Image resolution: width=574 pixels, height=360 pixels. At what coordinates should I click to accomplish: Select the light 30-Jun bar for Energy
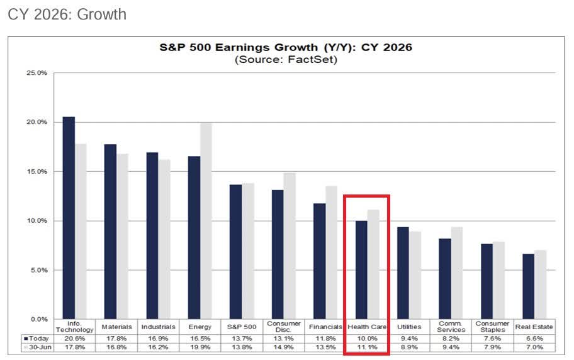coord(206,221)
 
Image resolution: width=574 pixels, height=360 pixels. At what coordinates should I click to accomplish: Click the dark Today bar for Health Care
coord(361,270)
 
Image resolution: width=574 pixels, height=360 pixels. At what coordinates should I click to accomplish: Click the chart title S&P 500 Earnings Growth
coord(286,48)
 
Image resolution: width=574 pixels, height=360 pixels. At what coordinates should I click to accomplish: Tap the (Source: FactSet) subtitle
coord(286,60)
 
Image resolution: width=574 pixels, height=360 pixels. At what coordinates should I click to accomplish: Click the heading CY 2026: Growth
coord(67,14)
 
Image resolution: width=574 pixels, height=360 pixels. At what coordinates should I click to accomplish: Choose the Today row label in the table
coord(35,338)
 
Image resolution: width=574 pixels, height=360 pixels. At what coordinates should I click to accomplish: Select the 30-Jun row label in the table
coord(35,347)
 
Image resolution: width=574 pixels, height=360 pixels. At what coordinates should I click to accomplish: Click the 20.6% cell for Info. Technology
coord(75,338)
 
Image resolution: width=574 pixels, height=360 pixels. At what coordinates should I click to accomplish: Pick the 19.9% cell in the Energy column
coord(200,347)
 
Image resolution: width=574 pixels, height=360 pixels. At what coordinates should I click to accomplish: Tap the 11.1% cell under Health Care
coord(368,347)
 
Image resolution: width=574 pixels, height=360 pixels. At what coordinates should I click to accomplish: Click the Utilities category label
coord(409,327)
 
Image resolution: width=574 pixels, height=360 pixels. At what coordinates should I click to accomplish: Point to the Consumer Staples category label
coord(492,327)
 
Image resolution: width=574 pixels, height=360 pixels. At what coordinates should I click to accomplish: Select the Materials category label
coord(116,327)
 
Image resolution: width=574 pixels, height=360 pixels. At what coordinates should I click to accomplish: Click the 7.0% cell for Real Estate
coord(534,347)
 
